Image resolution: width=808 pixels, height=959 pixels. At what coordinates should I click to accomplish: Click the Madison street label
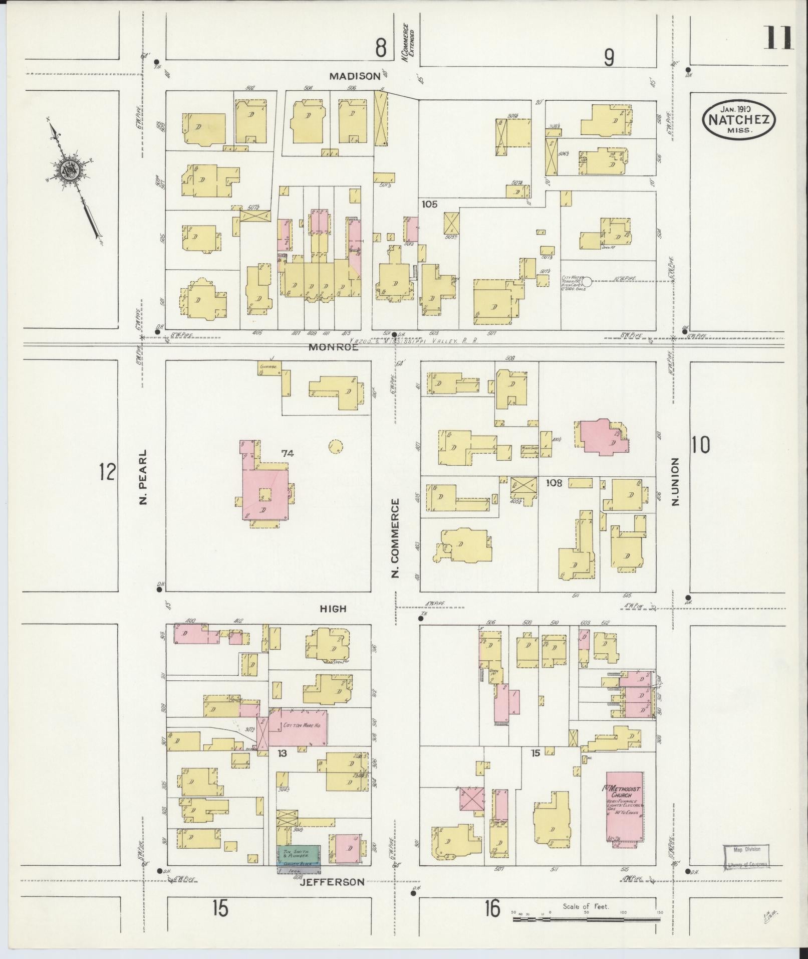point(355,76)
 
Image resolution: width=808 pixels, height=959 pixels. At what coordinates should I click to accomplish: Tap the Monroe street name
point(333,347)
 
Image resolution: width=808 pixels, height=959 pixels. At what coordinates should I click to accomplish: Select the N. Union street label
point(676,481)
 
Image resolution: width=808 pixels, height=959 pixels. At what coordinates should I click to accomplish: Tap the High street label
point(333,609)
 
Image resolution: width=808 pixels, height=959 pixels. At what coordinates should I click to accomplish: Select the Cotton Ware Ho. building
point(298,726)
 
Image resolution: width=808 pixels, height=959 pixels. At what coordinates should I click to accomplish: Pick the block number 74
point(287,454)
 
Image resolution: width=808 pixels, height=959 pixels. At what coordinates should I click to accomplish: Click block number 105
point(429,204)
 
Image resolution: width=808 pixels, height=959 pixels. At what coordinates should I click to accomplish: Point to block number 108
point(554,483)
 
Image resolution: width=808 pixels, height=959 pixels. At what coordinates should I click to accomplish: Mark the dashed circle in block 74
point(335,446)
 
